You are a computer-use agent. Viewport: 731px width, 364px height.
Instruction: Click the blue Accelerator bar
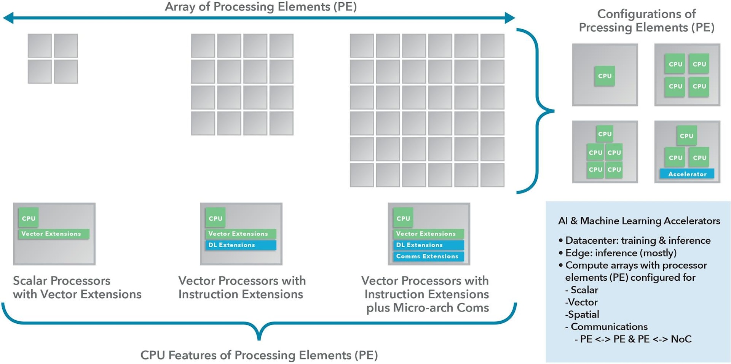[687, 174]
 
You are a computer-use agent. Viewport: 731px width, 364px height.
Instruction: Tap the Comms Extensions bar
[428, 256]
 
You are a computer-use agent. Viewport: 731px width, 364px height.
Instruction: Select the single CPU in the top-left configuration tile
[605, 76]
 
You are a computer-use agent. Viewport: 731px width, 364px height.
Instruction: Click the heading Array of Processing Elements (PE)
[260, 7]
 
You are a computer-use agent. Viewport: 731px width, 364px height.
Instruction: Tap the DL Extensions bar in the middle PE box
[241, 245]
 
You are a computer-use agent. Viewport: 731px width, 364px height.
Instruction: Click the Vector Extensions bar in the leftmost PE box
[53, 234]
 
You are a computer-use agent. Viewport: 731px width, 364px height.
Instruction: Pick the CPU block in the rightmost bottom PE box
[403, 218]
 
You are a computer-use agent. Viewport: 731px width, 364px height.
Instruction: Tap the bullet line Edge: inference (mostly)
[621, 253]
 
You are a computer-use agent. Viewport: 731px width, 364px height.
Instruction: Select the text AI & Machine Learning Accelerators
[639, 221]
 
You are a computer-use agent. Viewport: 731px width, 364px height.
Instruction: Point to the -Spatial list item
[582, 314]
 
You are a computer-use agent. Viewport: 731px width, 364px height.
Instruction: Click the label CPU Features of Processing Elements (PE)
[259, 355]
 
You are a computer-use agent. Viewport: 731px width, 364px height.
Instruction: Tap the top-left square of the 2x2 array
[40, 45]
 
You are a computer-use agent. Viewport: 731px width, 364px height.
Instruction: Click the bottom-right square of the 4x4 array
[281, 123]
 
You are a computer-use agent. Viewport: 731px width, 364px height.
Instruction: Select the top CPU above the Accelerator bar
[686, 136]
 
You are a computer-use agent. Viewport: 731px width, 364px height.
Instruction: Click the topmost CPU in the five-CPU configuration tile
[605, 134]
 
